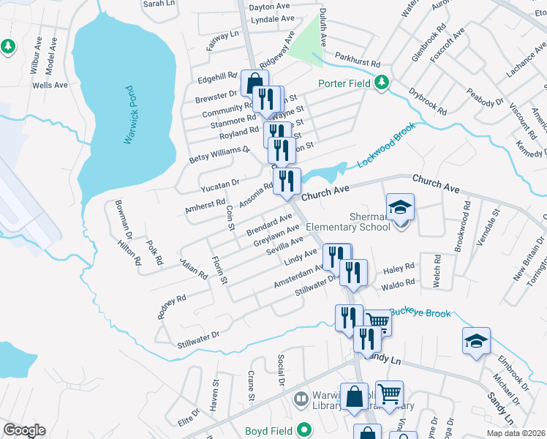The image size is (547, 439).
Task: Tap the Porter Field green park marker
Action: click(x=381, y=83)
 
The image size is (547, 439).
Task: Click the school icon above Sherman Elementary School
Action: click(x=400, y=208)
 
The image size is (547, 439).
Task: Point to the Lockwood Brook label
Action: click(x=386, y=143)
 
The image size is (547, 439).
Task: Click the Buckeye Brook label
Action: click(x=419, y=312)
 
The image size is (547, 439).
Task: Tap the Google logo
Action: click(x=24, y=430)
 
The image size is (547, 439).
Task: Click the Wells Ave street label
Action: click(x=50, y=85)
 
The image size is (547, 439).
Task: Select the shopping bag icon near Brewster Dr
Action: click(x=253, y=83)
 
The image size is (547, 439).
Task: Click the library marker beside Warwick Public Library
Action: click(x=300, y=399)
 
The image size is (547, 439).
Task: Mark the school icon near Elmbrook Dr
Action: click(x=475, y=341)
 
